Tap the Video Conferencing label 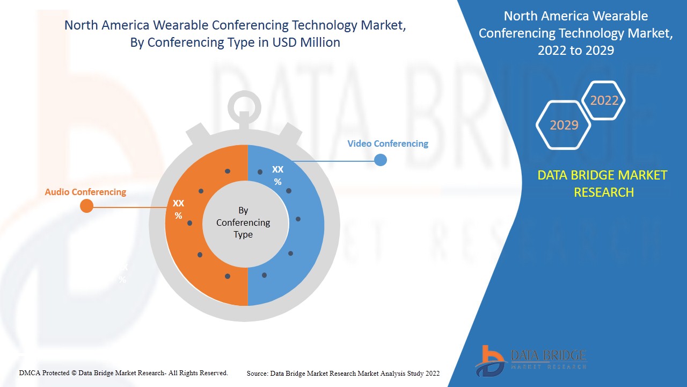click(388, 144)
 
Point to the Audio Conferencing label click(85, 192)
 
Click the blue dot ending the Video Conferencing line click(381, 160)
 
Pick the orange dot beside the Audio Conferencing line click(86, 206)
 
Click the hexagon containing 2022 click(604, 101)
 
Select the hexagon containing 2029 click(564, 125)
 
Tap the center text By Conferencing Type click(243, 223)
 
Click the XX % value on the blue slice click(277, 175)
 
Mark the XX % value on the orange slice click(178, 209)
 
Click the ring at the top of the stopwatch click(244, 105)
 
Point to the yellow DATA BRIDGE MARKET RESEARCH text click(604, 183)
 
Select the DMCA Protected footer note click(123, 372)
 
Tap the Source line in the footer click(343, 373)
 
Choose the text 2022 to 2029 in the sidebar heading click(575, 50)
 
